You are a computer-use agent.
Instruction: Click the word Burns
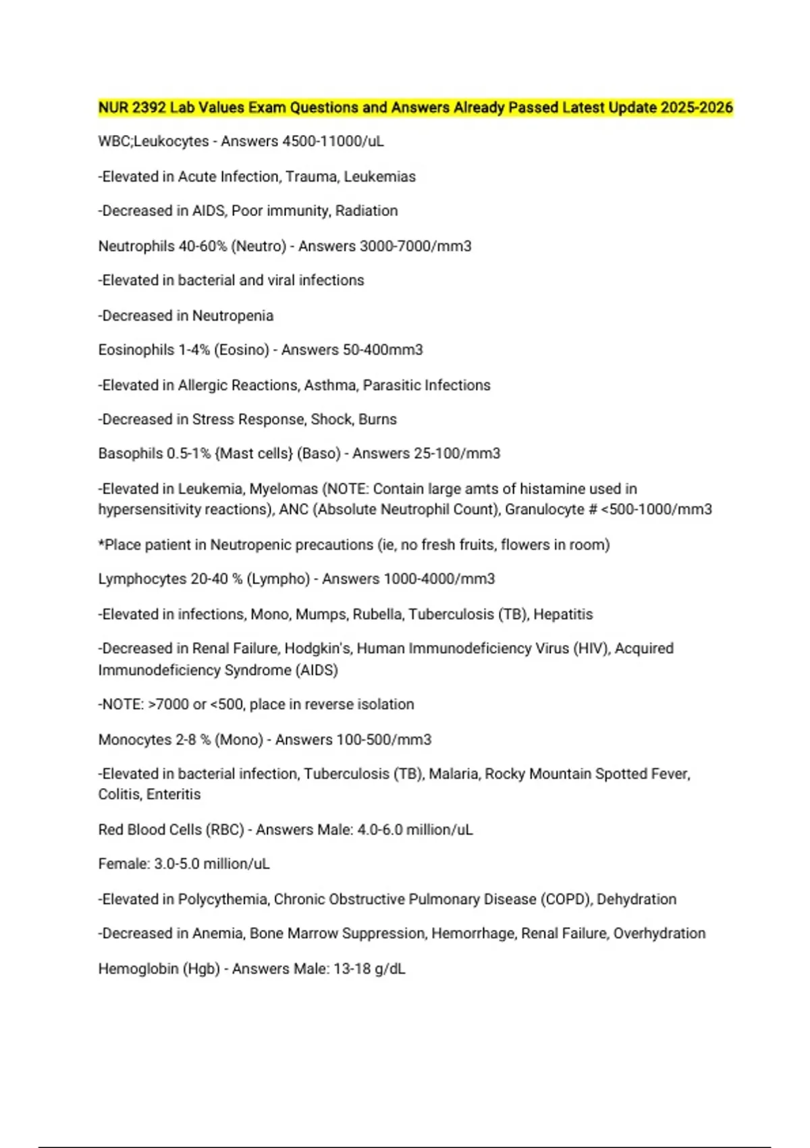coord(377,419)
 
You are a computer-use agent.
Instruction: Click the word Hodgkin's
coord(318,648)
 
